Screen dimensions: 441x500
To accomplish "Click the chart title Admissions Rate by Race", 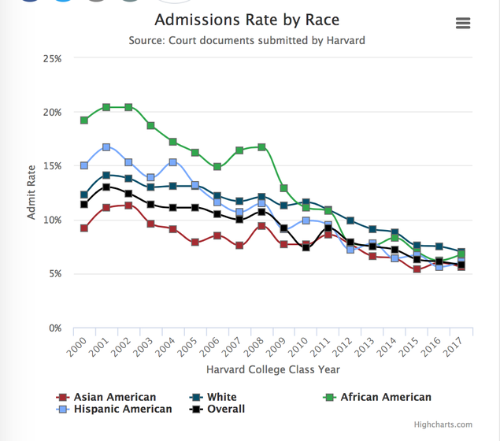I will tap(247, 19).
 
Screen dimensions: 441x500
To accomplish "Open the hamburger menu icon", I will tap(463, 23).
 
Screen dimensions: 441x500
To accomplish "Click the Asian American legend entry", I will tap(107, 397).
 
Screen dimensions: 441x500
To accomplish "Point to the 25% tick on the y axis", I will tap(52, 58).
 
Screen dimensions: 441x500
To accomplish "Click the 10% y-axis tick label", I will tap(52, 220).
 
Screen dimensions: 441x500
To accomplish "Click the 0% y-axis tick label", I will tap(55, 328).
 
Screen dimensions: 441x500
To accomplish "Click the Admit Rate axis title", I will tap(31, 193).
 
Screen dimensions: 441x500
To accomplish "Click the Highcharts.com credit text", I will tap(444, 425).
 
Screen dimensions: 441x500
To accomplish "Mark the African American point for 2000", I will tap(83, 120).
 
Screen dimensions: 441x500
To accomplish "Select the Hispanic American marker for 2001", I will tap(106, 147).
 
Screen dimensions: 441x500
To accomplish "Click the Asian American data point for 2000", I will tap(83, 228).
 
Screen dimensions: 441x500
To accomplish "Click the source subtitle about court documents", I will tap(247, 40).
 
